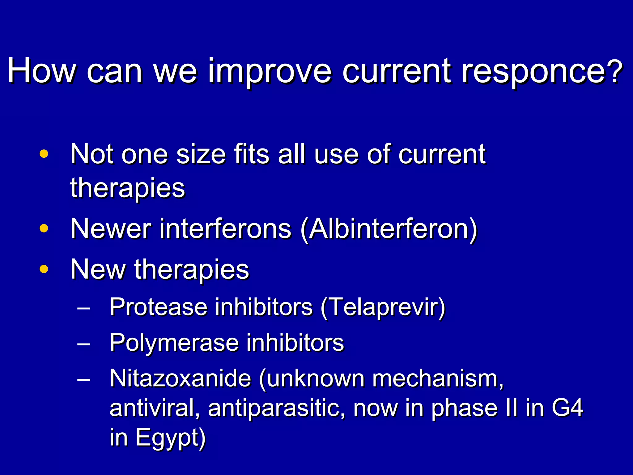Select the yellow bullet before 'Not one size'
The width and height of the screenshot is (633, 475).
[x=44, y=154]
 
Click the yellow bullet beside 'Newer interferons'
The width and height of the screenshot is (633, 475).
[x=44, y=229]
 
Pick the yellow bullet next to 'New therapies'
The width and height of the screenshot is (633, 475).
[x=44, y=269]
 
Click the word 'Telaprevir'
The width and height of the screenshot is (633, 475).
[x=383, y=307]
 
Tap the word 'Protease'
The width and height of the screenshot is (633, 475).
[x=158, y=307]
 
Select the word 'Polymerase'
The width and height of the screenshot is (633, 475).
[x=174, y=343]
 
